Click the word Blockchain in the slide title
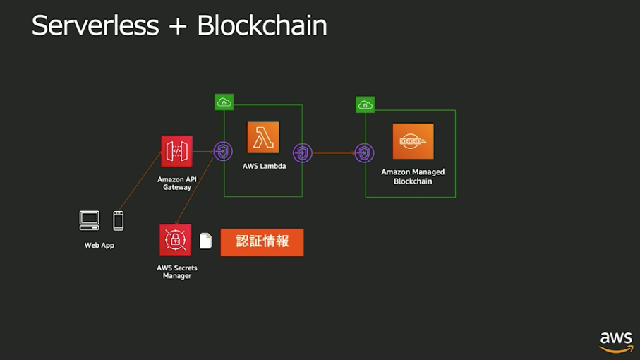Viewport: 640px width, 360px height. [x=262, y=26]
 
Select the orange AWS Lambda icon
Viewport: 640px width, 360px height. [x=263, y=138]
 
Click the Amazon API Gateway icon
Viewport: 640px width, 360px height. [x=176, y=151]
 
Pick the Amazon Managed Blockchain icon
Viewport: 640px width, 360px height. [x=413, y=141]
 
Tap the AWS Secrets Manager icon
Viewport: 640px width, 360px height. [x=175, y=240]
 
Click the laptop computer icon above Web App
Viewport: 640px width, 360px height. [x=90, y=221]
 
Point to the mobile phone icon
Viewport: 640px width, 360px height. [x=119, y=221]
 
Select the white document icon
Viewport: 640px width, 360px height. [x=205, y=241]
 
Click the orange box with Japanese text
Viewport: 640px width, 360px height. [x=262, y=241]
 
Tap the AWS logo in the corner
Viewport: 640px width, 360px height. [x=616, y=340]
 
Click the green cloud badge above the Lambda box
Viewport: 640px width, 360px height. [x=224, y=102]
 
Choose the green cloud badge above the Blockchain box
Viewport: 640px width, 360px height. [x=366, y=105]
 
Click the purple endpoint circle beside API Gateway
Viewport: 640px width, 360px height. [x=223, y=151]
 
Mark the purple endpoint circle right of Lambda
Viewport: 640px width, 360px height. [x=303, y=152]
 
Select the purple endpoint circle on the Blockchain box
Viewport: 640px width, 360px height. [x=365, y=152]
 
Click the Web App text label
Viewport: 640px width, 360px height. [x=99, y=246]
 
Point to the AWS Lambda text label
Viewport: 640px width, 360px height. [x=263, y=167]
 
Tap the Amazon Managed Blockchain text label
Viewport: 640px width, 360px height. [x=413, y=176]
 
